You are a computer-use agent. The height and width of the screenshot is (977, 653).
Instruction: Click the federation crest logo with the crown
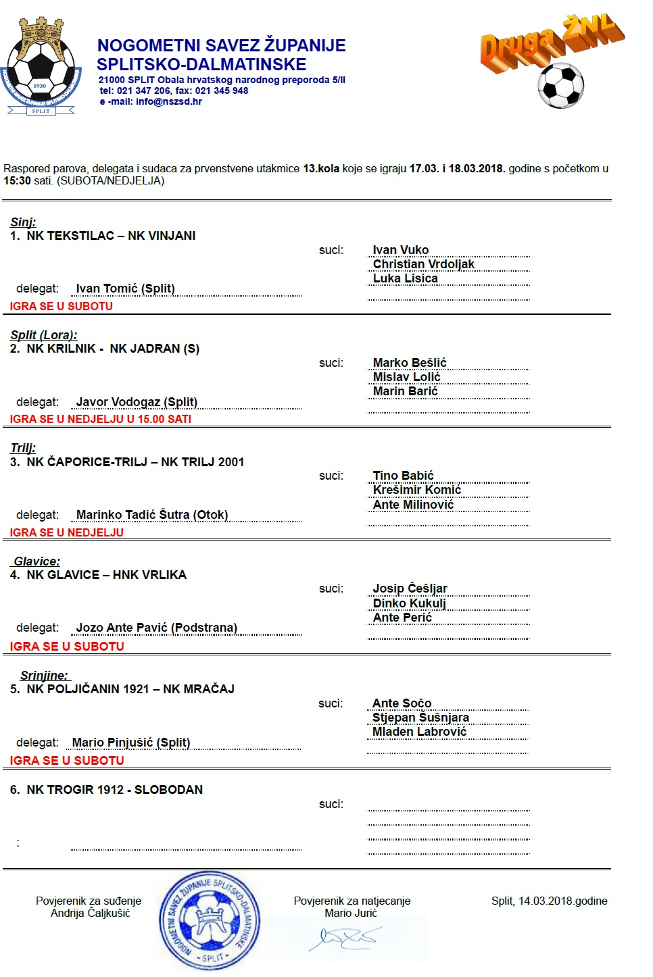[41, 68]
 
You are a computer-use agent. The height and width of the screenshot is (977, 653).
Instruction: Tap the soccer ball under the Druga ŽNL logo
[560, 86]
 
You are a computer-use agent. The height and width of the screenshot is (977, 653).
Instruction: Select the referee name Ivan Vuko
[400, 250]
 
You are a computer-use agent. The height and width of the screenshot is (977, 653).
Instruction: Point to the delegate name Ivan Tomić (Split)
[125, 289]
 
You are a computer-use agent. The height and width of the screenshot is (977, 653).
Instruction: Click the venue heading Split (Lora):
[44, 335]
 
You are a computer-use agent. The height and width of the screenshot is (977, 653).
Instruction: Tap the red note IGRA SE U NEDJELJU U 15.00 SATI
[101, 419]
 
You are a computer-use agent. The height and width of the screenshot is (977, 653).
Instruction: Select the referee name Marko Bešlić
[410, 363]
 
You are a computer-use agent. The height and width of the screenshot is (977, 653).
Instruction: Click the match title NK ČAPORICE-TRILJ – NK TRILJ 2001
[135, 462]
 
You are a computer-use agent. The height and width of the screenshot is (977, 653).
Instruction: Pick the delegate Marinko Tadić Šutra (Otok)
[152, 515]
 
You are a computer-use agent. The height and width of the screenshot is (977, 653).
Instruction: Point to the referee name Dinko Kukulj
[409, 603]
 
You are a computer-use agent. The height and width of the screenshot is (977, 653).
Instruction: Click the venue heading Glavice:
[37, 561]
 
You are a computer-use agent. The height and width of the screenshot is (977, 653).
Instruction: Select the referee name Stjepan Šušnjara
[420, 718]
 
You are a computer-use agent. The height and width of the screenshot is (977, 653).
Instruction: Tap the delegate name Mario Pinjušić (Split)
[131, 743]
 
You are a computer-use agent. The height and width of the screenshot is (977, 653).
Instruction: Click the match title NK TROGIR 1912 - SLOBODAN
[114, 790]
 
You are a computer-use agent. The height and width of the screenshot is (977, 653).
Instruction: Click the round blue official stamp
[209, 921]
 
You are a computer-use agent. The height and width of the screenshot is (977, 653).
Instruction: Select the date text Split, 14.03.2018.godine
[549, 901]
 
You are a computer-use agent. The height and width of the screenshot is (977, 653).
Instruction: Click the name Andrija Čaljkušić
[90, 913]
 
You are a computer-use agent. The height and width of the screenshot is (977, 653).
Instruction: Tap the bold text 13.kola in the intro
[321, 169]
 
